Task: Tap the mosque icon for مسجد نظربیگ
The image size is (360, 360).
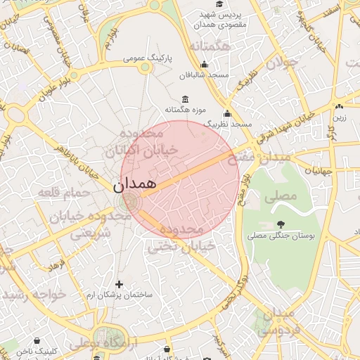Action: click(x=227, y=114)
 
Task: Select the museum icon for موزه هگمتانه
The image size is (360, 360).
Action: click(x=185, y=99)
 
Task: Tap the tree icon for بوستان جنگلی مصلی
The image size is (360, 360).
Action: click(x=271, y=224)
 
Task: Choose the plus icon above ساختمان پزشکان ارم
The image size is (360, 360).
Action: click(x=119, y=285)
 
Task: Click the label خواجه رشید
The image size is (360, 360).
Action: click(x=35, y=294)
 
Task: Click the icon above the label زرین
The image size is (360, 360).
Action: click(x=339, y=107)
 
